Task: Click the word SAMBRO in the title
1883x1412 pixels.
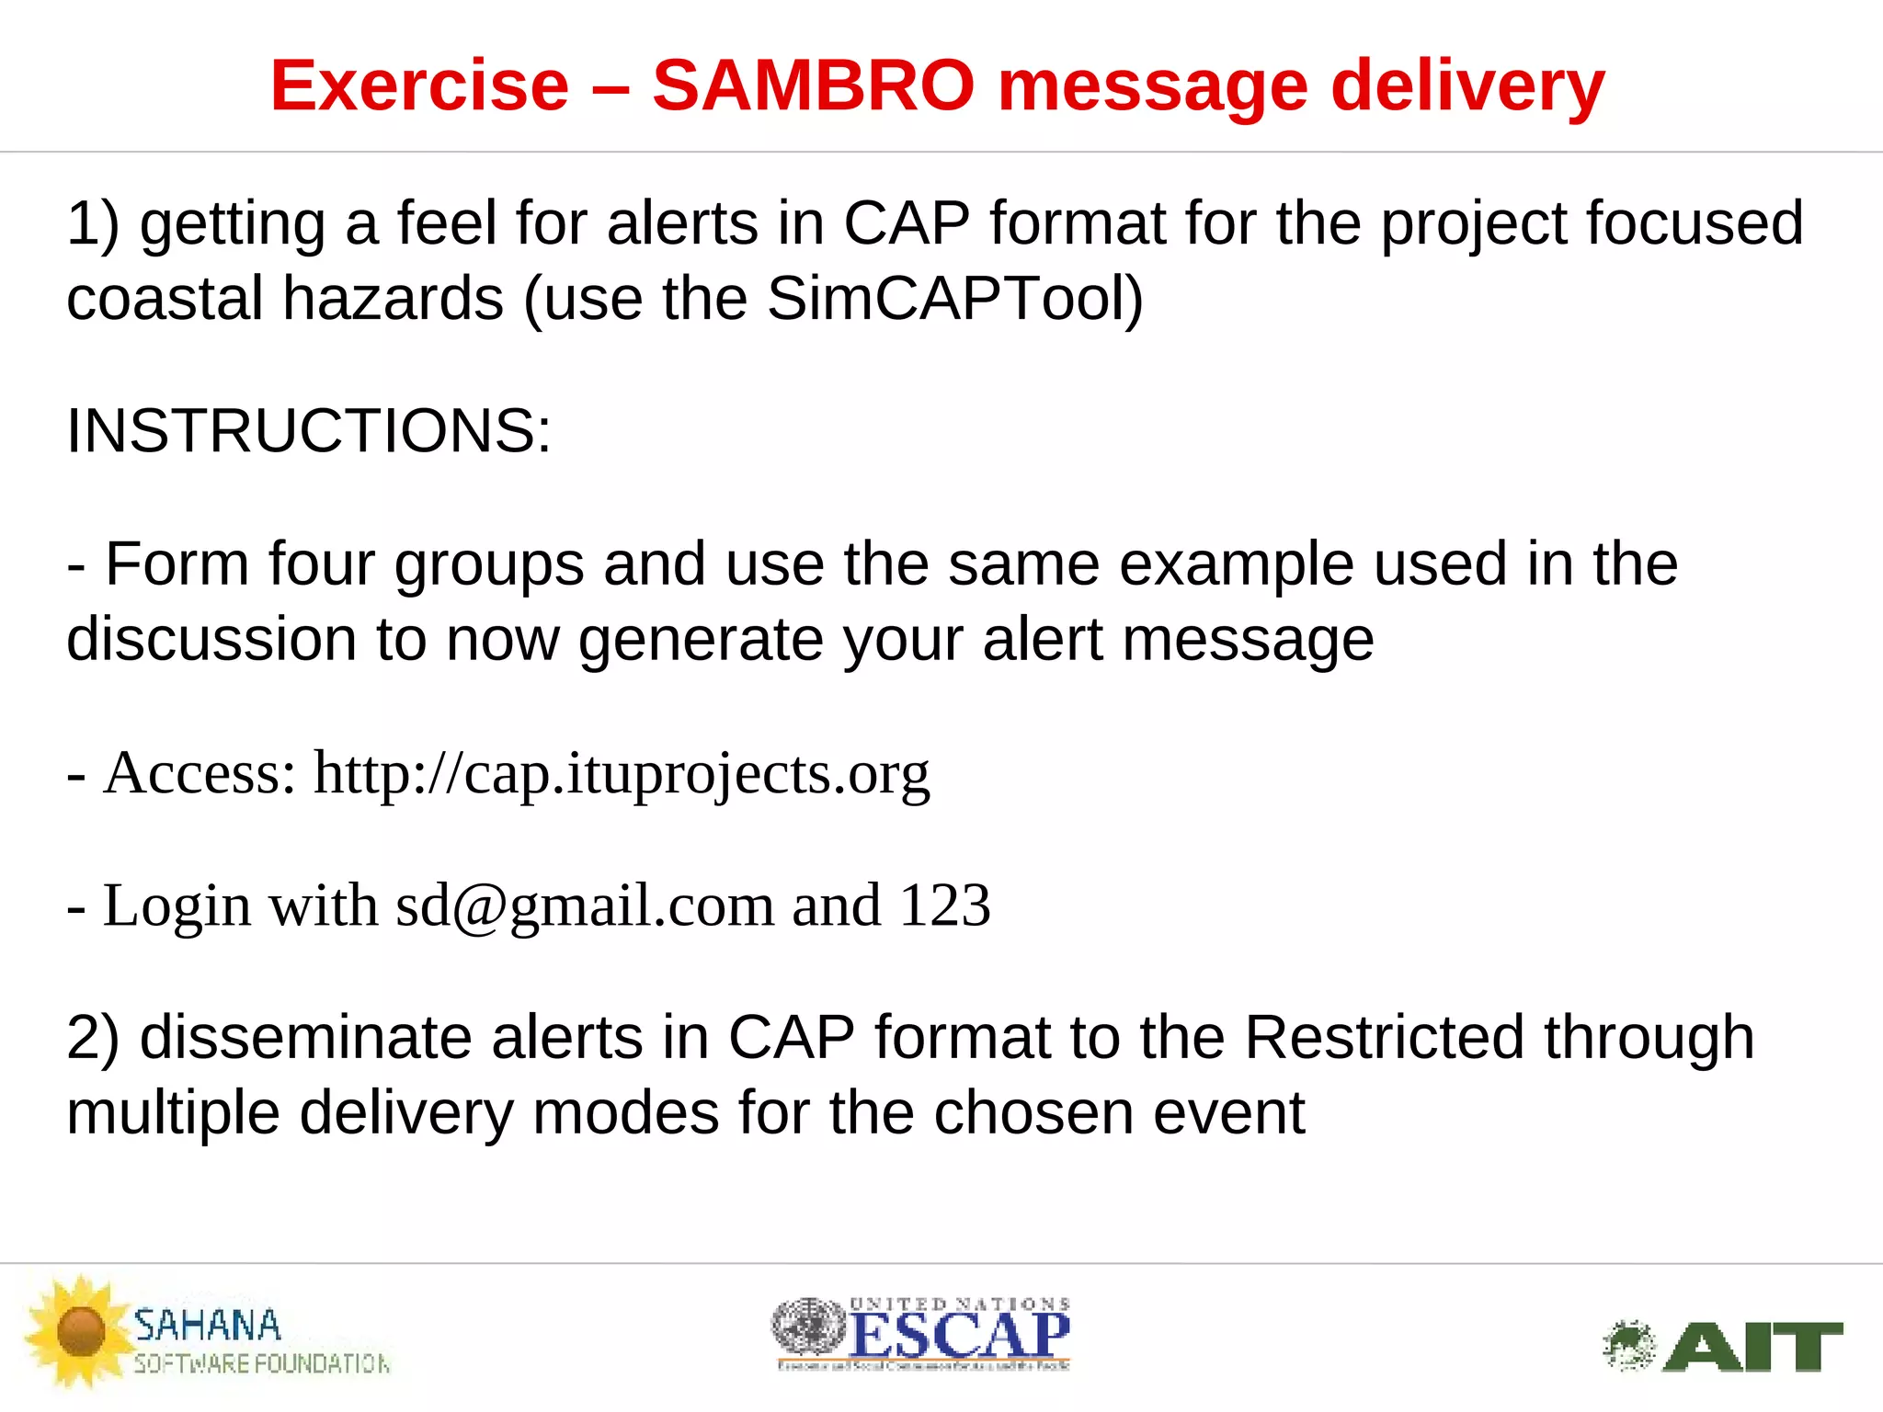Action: [813, 85]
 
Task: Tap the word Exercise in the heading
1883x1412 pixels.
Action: [419, 85]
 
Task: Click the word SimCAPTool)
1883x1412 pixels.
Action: [955, 299]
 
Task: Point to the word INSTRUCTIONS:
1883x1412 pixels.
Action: [309, 430]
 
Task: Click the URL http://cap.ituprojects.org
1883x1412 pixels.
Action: [622, 774]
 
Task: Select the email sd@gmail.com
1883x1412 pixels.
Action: [585, 906]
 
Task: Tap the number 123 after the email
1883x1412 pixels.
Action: [944, 905]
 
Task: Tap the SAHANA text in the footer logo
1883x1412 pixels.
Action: [207, 1326]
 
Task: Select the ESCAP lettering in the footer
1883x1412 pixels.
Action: [959, 1336]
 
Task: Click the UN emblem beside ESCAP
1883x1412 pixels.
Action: [807, 1327]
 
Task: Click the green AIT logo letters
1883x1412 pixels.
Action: [1752, 1348]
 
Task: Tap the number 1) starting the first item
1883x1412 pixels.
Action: [93, 223]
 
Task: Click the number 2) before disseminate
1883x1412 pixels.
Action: [93, 1037]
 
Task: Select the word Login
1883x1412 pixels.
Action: [176, 906]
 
